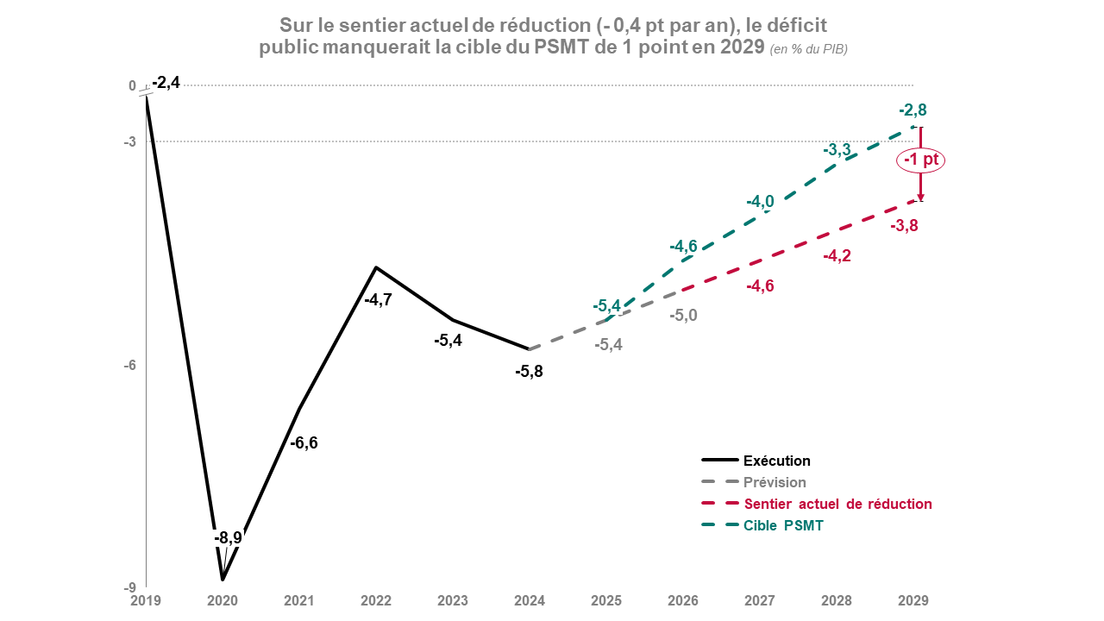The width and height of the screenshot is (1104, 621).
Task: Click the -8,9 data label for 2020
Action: pos(228,537)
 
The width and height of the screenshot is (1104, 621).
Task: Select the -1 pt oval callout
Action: pos(921,160)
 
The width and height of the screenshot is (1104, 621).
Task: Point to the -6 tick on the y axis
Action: pos(132,366)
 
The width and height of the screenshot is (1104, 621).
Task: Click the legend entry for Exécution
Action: pos(776,461)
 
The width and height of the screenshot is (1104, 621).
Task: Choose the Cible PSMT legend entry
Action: pos(783,525)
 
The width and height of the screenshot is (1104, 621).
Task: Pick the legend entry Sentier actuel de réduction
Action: pos(837,504)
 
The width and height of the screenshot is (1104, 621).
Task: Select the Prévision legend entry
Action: pos(775,483)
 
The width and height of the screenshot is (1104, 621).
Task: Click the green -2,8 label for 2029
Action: pos(913,110)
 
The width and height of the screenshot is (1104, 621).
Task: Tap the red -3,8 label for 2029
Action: pos(905,226)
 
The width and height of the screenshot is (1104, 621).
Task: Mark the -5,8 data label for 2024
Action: pos(528,372)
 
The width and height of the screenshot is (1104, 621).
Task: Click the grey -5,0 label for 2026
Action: pos(683,316)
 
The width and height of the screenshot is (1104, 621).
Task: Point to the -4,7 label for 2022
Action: pos(378,300)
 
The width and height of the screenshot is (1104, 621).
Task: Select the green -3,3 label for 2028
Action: pos(837,150)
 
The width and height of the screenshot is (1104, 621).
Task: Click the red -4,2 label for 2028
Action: pos(837,256)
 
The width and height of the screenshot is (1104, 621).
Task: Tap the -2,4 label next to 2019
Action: pos(166,83)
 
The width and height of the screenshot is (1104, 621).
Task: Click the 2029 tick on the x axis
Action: pos(913,599)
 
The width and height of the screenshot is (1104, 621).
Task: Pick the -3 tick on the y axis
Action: pos(132,141)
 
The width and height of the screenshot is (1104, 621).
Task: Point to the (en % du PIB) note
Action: pos(808,49)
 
